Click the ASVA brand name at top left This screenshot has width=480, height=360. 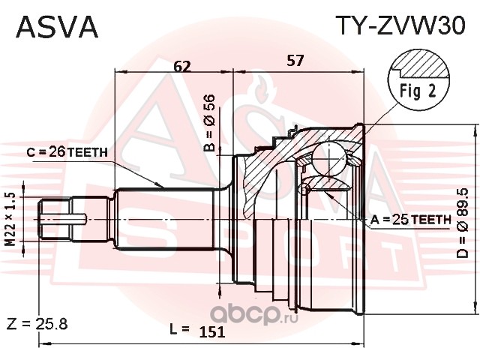57,27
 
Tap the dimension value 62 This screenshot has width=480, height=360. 182,66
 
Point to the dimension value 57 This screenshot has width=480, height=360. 295,60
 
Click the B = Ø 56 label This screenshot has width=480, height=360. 210,123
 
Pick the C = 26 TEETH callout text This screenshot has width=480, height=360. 67,151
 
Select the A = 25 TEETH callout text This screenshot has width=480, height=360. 411,219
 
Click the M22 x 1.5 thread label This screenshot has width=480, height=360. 10,219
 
